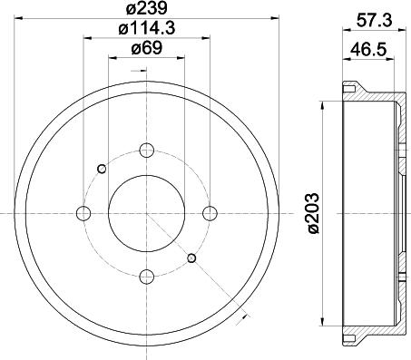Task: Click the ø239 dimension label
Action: [147, 8]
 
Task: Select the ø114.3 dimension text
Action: [147, 28]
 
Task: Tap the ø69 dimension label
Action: [147, 48]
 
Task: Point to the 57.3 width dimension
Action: [374, 20]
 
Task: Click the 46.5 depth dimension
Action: [368, 49]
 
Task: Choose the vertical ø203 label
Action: [313, 213]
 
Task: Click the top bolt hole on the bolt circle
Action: [147, 151]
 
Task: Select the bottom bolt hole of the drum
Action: [147, 277]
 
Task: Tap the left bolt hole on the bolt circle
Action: [83, 213]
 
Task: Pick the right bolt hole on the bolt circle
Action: [210, 213]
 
